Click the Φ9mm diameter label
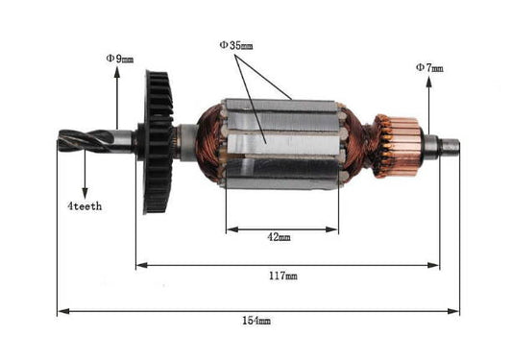(120, 59)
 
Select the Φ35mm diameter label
(236, 44)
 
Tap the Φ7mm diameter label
(429, 67)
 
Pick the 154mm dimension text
(256, 320)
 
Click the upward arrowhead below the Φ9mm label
(118, 73)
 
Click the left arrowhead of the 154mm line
(61, 311)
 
